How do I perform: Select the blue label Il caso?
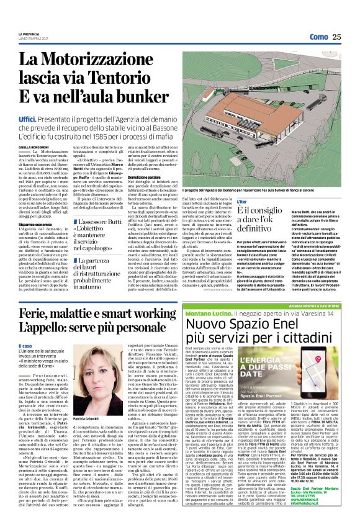[x=26, y=346]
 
